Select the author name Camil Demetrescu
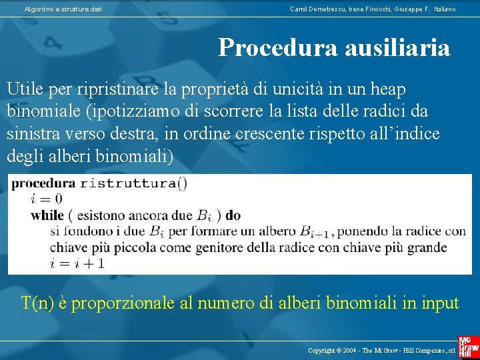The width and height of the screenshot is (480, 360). pyautogui.click(x=316, y=9)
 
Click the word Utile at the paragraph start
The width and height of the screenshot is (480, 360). pyautogui.click(x=25, y=89)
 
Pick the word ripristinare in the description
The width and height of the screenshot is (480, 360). pyautogui.click(x=117, y=89)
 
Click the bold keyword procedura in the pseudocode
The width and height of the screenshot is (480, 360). pyautogui.click(x=43, y=183)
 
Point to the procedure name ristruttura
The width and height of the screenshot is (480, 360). pyautogui.click(x=129, y=183)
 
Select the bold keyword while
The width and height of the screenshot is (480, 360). pyautogui.click(x=47, y=215)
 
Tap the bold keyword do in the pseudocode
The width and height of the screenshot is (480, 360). pyautogui.click(x=233, y=215)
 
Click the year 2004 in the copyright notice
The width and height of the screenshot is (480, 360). pyautogui.click(x=361, y=350)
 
